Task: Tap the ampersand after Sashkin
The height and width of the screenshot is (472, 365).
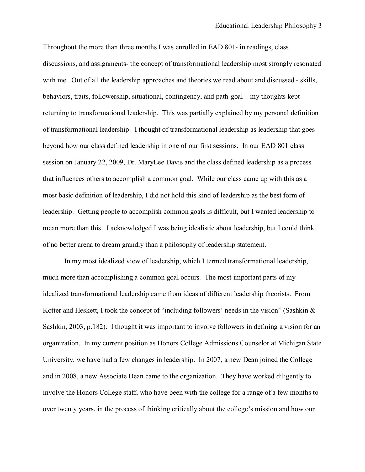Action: (313, 310)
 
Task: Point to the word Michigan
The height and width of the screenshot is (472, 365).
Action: (291, 343)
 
